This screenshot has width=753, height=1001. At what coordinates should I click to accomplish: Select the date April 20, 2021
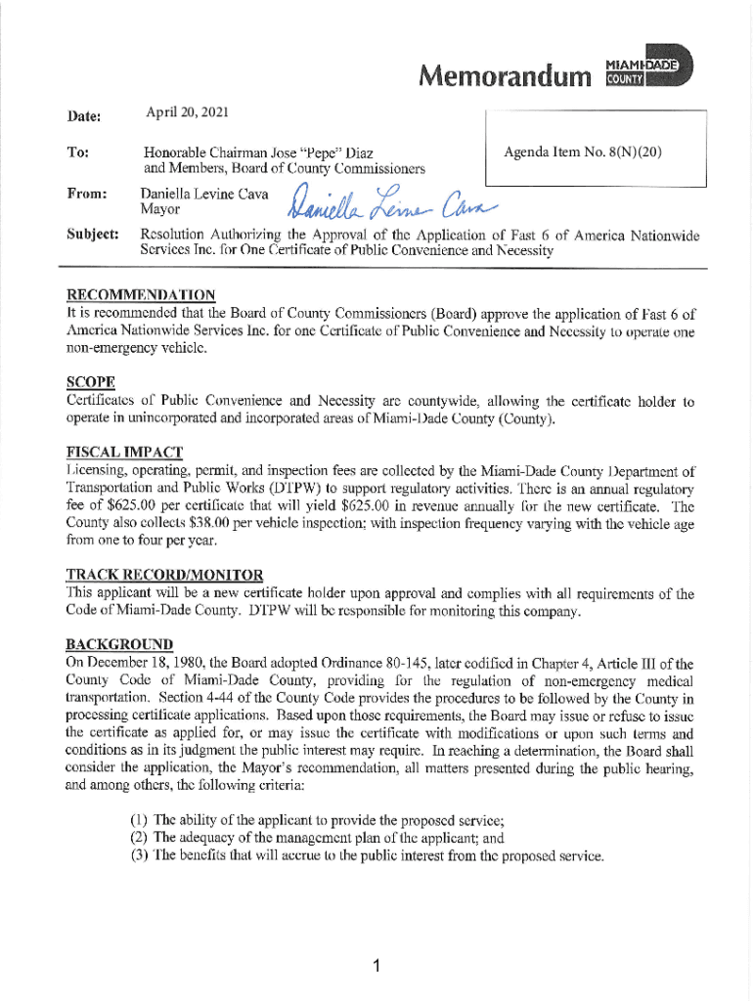[187, 113]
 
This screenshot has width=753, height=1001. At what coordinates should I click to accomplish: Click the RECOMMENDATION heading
[140, 295]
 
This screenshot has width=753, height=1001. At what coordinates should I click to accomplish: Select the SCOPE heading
[90, 380]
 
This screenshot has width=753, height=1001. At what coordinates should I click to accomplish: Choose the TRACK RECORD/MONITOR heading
[163, 574]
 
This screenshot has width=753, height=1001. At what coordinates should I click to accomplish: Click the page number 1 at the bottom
[376, 968]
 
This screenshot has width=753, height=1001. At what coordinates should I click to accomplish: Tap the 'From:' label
[85, 194]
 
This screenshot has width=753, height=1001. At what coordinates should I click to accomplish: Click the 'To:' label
[76, 153]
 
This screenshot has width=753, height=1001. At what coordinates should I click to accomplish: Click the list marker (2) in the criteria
[141, 838]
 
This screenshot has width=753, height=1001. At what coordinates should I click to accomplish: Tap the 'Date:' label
[84, 115]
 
